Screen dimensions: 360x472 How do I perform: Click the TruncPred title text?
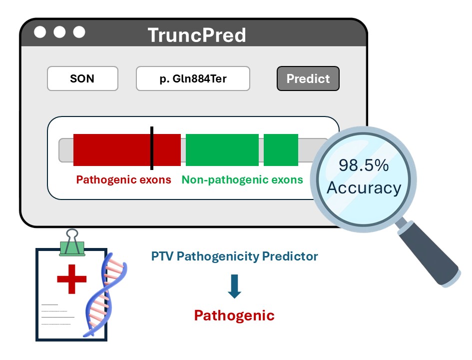(x=197, y=35)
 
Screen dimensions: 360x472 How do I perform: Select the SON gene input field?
(x=82, y=78)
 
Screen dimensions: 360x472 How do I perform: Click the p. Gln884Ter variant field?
(x=193, y=78)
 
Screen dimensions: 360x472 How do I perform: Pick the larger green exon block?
(x=222, y=149)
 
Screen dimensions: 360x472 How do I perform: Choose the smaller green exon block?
(x=281, y=149)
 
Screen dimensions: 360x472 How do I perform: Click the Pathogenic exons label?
(x=123, y=179)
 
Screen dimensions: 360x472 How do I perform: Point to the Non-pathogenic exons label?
(x=242, y=179)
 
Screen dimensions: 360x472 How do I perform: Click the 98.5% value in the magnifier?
(x=364, y=165)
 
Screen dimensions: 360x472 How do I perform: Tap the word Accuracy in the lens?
(x=364, y=188)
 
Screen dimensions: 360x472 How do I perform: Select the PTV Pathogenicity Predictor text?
(x=234, y=256)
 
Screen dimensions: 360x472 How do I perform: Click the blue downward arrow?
(x=234, y=286)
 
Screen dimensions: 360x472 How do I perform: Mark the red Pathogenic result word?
(x=234, y=315)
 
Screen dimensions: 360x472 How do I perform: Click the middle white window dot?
(x=59, y=32)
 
